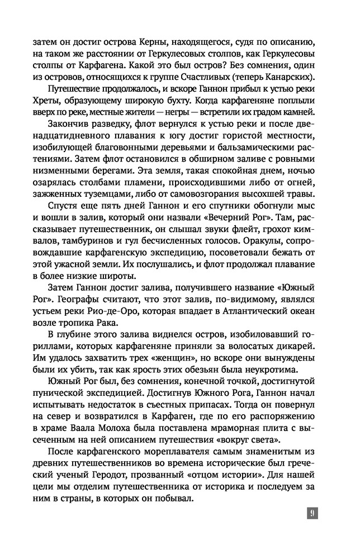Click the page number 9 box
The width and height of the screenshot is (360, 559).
pos(312,513)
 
